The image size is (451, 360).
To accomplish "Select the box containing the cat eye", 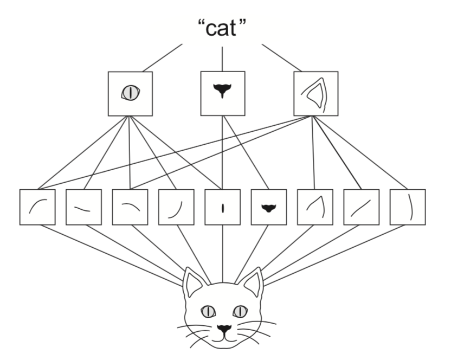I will [130, 93].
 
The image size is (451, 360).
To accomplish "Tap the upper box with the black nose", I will [222, 93].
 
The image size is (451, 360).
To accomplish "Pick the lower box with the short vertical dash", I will [223, 207].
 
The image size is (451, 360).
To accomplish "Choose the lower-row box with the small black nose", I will [269, 207].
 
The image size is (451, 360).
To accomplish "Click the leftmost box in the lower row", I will [37, 207].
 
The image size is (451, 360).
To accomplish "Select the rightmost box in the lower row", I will [408, 207].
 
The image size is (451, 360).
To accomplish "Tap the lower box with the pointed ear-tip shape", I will [315, 207].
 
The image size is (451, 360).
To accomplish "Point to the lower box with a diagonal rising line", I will [362, 207].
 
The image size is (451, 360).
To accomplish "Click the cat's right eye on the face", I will [239, 311].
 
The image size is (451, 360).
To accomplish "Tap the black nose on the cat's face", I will [223, 328].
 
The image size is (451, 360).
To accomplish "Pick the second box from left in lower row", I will [83, 207].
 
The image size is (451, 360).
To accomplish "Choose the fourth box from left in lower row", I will [176, 207].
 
